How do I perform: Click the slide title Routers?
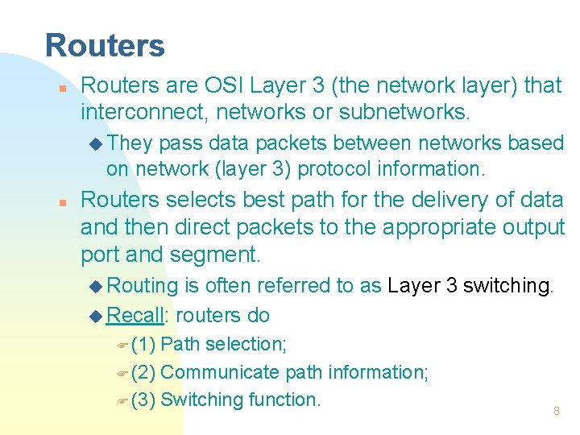[105, 46]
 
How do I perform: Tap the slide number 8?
[556, 411]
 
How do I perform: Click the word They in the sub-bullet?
[130, 143]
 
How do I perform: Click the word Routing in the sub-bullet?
[142, 286]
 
